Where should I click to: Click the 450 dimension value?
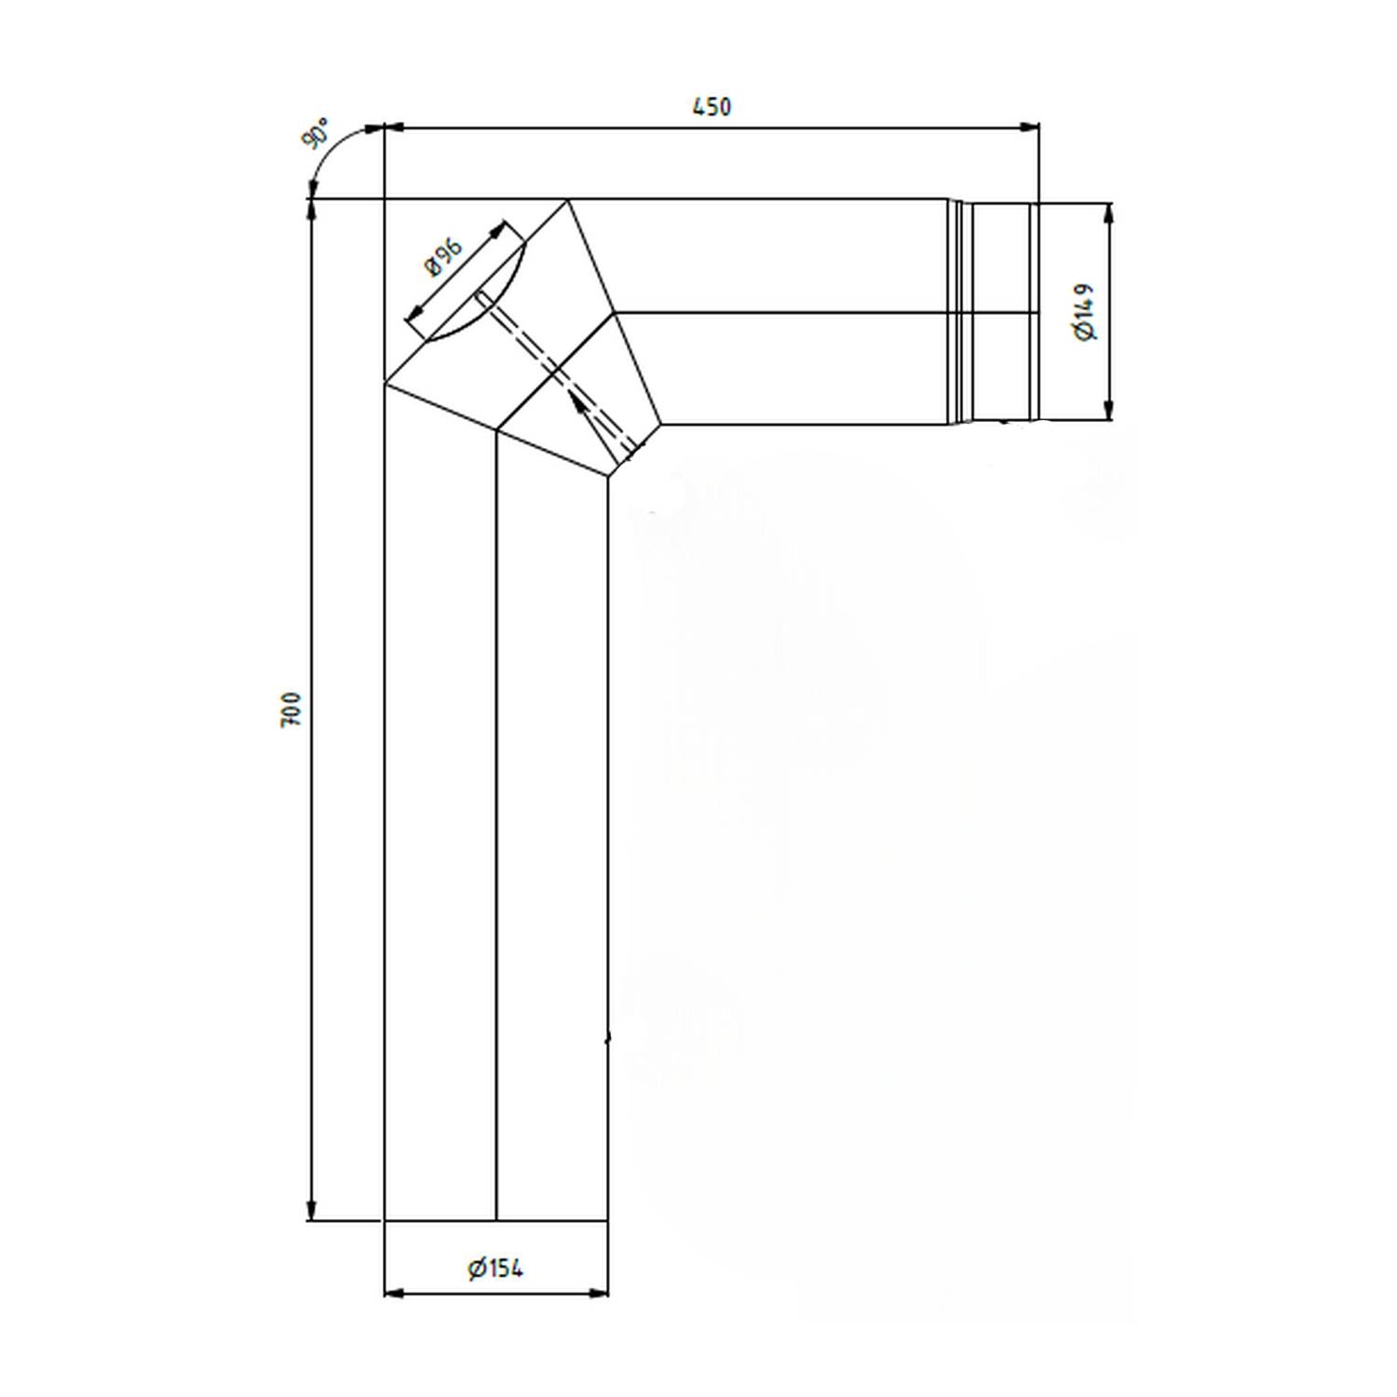(712, 107)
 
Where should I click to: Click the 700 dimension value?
(292, 710)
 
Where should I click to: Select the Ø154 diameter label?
(495, 1268)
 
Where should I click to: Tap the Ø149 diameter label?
(1085, 312)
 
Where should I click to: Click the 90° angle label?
(316, 133)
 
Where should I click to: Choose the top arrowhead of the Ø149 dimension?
(1108, 213)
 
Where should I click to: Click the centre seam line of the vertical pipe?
(496, 838)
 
